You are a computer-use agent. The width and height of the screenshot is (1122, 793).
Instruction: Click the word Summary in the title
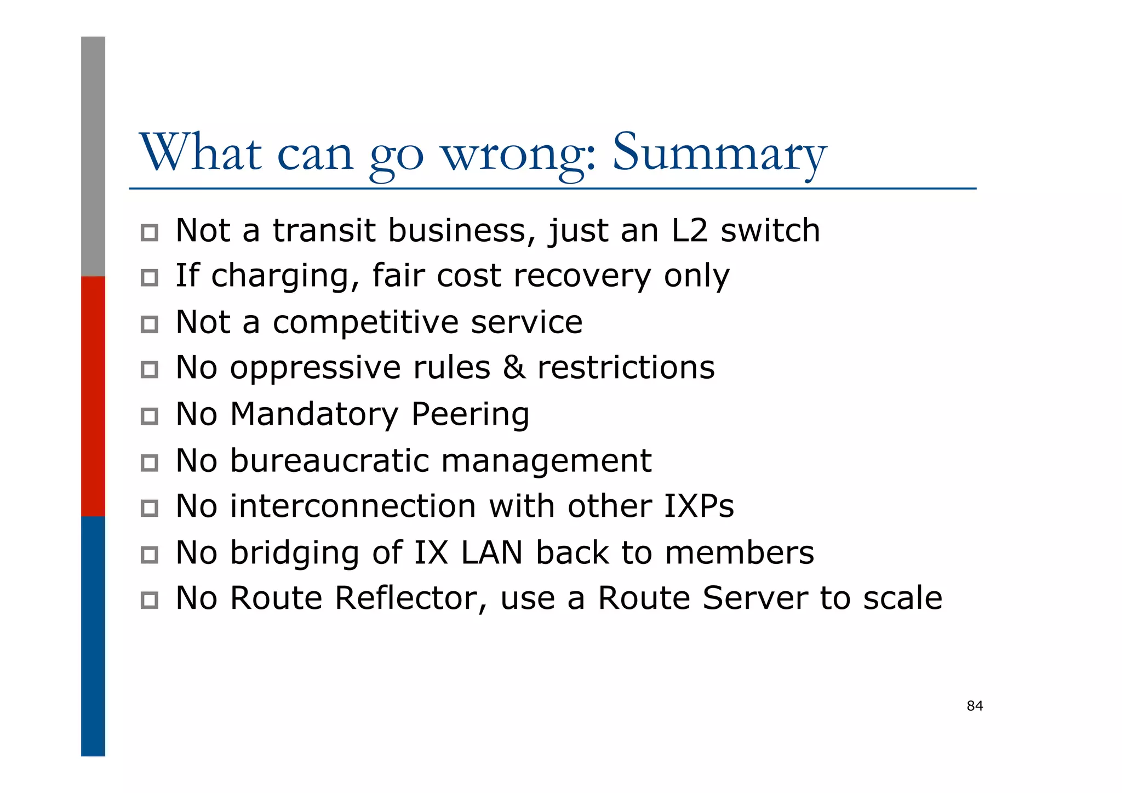[719, 153]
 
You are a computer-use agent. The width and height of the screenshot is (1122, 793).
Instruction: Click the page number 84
[975, 706]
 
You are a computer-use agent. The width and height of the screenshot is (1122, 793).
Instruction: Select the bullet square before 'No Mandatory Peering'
[149, 417]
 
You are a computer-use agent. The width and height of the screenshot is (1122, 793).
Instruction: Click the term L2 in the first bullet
[689, 230]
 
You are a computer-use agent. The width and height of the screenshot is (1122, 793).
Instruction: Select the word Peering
[470, 414]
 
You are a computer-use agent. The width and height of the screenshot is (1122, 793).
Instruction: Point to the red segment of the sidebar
[93, 396]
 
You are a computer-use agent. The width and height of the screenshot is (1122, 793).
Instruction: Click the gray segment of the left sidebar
[93, 156]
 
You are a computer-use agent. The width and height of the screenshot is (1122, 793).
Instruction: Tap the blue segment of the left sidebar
[93, 636]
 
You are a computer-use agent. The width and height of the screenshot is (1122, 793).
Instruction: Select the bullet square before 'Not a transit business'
[149, 233]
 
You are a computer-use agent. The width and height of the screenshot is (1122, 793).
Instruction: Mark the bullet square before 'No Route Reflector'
[149, 600]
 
